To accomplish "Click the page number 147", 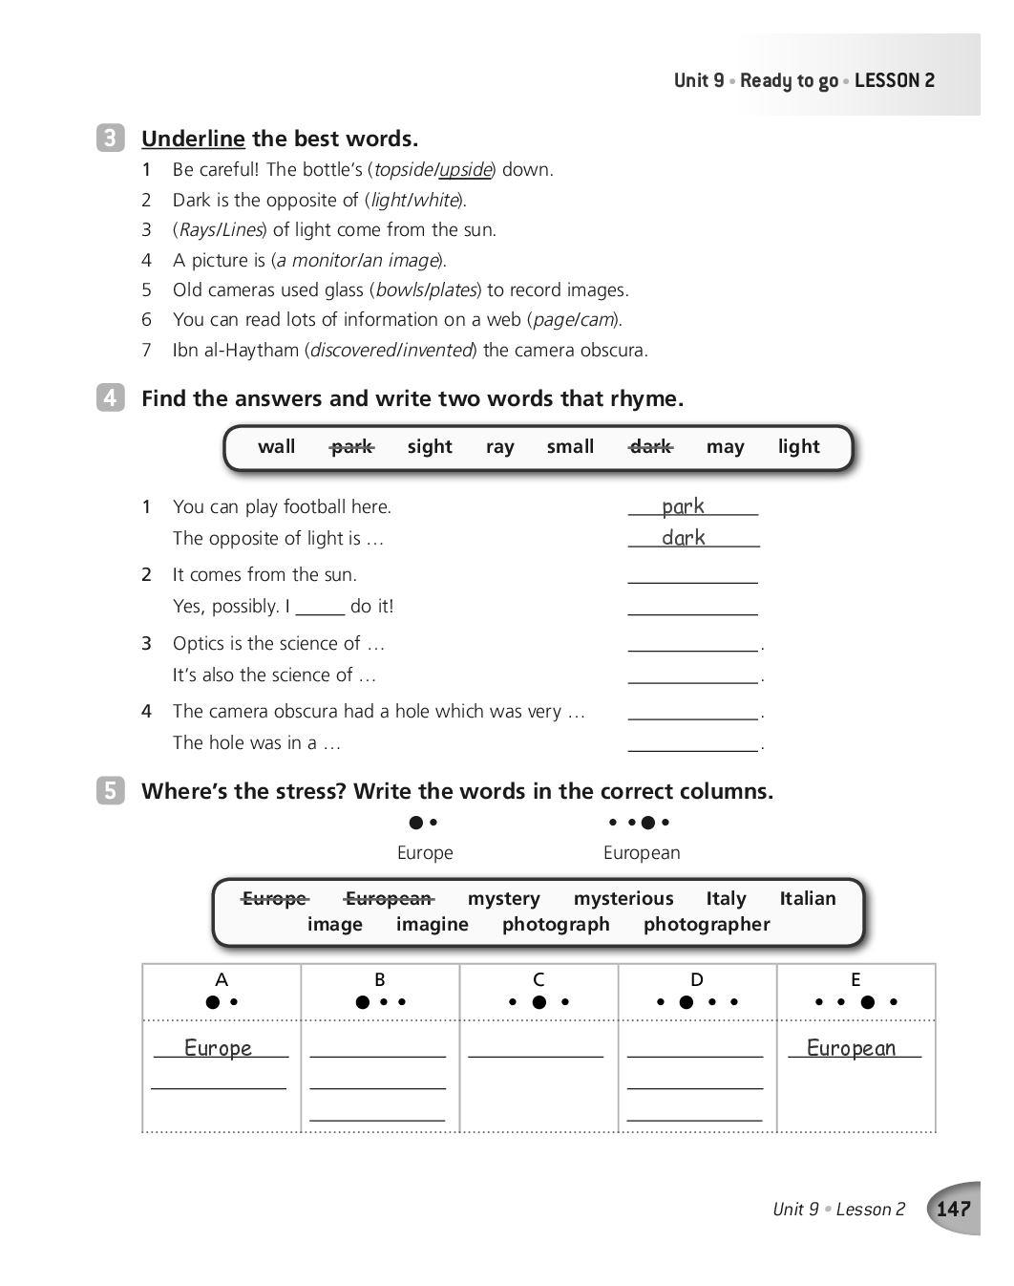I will click(x=953, y=1209).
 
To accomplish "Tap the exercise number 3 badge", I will click(x=110, y=138).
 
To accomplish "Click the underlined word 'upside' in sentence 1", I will click(x=465, y=170).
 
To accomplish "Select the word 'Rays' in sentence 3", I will click(x=196, y=230).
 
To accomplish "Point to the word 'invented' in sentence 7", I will click(x=437, y=351).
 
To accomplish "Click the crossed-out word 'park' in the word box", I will click(x=351, y=446).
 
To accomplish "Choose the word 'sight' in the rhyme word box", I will click(x=430, y=446).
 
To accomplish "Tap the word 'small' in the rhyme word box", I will click(x=570, y=446).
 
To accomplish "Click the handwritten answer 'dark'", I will click(x=684, y=538).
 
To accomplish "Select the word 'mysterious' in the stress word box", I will click(x=623, y=898).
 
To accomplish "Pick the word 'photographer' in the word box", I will click(x=707, y=924).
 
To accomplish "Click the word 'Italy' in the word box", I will click(x=726, y=898).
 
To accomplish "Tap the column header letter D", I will click(x=697, y=979).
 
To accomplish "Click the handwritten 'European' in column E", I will click(x=851, y=1048).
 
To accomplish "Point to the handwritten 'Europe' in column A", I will click(x=218, y=1048).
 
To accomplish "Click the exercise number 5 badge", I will click(x=110, y=790).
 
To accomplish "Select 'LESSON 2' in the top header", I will click(x=895, y=80).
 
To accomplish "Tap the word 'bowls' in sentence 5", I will click(x=399, y=290).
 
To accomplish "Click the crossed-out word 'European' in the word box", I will click(x=389, y=898).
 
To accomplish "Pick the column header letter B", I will click(x=380, y=979).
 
